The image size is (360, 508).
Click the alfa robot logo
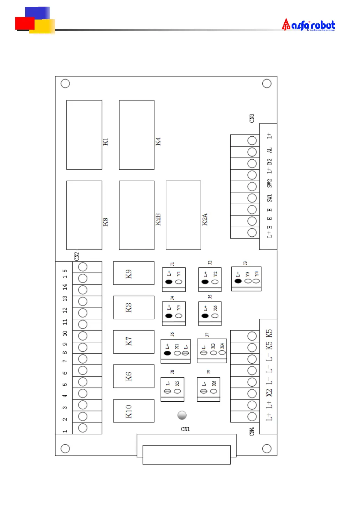pyautogui.click(x=308, y=25)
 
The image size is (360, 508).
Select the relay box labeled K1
pyautogui.click(x=84, y=135)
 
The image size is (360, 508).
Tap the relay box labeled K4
pyautogui.click(x=136, y=135)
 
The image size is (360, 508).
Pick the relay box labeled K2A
pyautogui.click(x=183, y=215)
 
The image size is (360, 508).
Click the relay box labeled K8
pyautogui.click(x=84, y=215)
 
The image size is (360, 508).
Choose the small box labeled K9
pyautogui.click(x=133, y=273)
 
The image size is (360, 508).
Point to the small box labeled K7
pyautogui.click(x=133, y=342)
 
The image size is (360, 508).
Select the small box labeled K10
pyautogui.click(x=133, y=411)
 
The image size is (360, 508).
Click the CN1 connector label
pyautogui.click(x=185, y=429)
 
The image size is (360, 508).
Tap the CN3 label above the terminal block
pyautogui.click(x=252, y=118)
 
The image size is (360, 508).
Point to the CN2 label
pyautogui.click(x=77, y=256)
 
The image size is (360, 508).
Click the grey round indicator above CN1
pyautogui.click(x=182, y=415)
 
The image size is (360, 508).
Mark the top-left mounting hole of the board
pyautogui.click(x=65, y=84)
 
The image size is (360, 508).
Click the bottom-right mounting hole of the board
pyautogui.click(x=267, y=448)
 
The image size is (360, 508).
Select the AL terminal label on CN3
pyautogui.click(x=269, y=150)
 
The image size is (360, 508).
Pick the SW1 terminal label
pyautogui.click(x=269, y=198)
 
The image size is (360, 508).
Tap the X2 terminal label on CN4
pyautogui.click(x=269, y=393)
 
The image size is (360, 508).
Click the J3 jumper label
pyautogui.click(x=245, y=263)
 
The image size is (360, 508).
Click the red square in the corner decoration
pyautogui.click(x=24, y=23)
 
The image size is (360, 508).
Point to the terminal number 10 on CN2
pyautogui.click(x=65, y=333)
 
